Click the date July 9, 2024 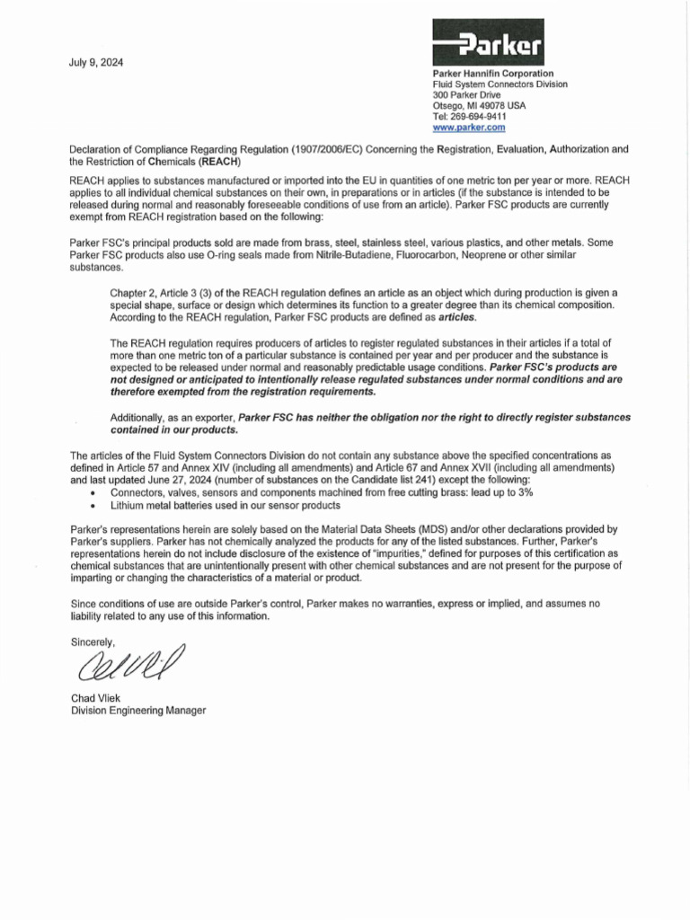(97, 63)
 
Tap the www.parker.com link (469, 128)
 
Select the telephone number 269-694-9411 (482, 117)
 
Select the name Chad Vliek (96, 698)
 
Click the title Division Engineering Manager (138, 710)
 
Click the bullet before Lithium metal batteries (95, 505)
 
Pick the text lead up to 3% (501, 492)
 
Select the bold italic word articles (458, 317)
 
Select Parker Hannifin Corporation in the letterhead (493, 73)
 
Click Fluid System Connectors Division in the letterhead (500, 84)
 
